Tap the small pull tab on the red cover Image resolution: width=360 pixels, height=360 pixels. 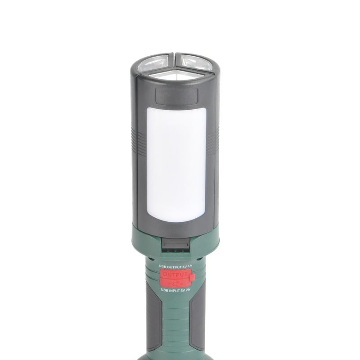coord(193,279)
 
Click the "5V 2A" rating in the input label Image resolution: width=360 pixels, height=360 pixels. coord(184,291)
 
